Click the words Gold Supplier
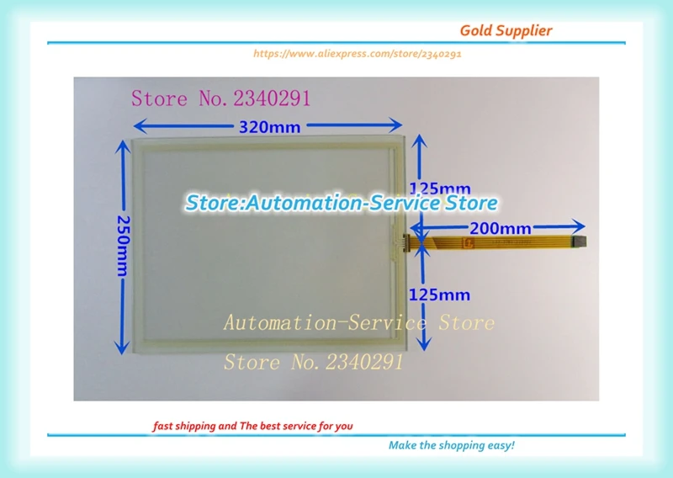[506, 30]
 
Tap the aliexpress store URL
[358, 53]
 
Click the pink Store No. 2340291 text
[220, 98]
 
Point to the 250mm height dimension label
[124, 242]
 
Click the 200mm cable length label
[500, 227]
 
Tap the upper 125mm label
[439, 188]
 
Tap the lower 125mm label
[439, 295]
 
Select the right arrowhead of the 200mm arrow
[578, 226]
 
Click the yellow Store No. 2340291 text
[313, 363]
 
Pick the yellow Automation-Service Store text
[358, 322]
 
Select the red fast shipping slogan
[252, 426]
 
